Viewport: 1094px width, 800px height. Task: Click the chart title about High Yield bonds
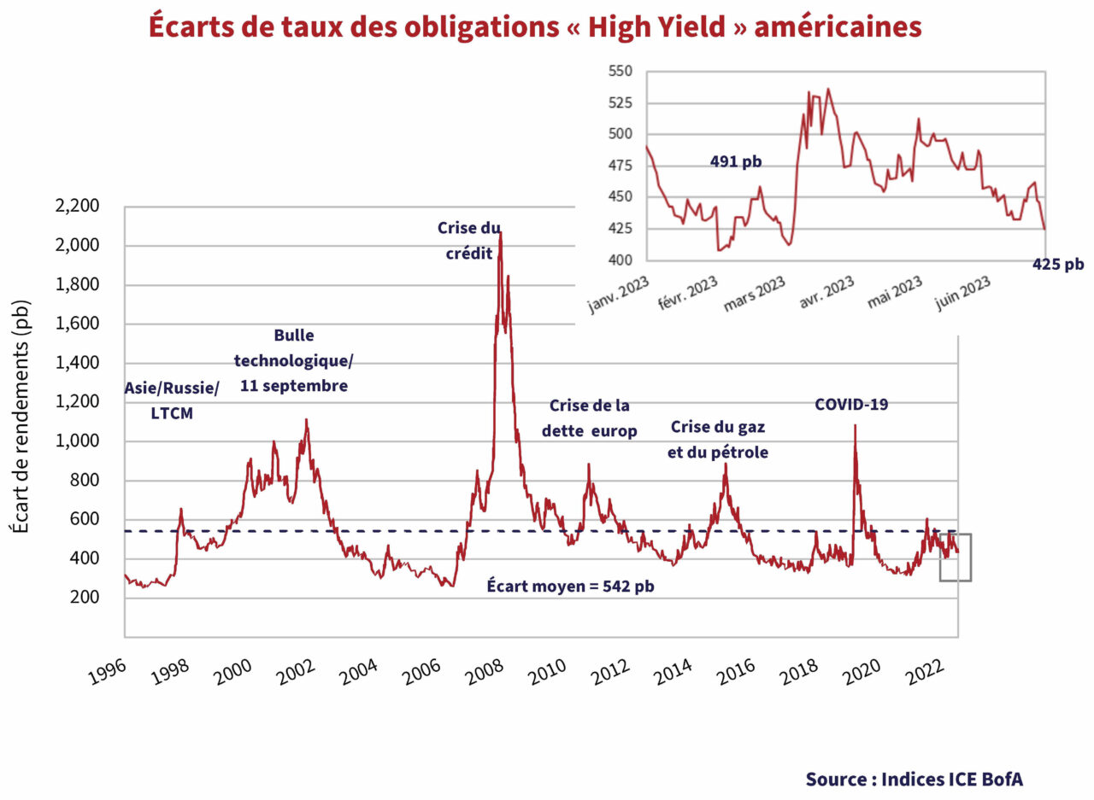[535, 26]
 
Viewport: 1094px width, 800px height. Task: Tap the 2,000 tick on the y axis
[76, 246]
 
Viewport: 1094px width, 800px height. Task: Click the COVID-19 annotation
[851, 404]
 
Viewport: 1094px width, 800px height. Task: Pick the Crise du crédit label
[469, 241]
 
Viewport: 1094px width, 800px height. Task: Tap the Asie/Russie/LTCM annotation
[172, 400]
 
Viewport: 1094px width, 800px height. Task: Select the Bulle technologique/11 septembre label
[293, 360]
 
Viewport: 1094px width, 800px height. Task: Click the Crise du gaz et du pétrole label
[717, 439]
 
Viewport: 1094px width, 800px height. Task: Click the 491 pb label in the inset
[735, 161]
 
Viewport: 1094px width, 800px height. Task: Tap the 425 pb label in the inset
[1057, 265]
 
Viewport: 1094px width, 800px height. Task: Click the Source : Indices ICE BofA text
[913, 779]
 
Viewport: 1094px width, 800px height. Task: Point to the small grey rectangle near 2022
[955, 557]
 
